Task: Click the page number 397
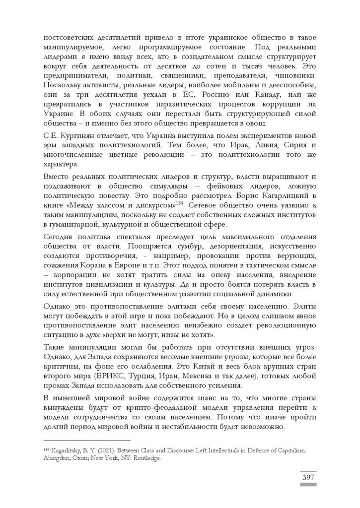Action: point(308,477)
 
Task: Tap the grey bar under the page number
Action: point(308,485)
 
